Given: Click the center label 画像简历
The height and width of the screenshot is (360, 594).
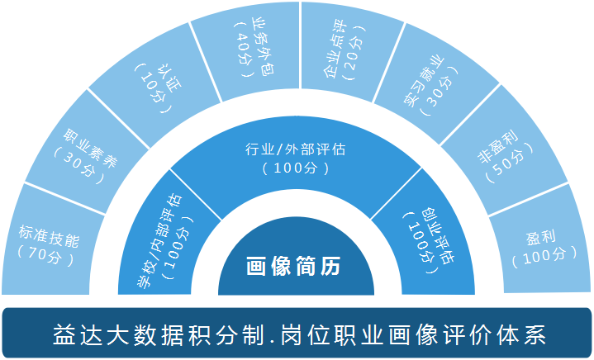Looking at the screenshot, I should pos(296,267).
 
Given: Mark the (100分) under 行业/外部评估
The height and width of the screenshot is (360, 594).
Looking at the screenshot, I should pos(296,168).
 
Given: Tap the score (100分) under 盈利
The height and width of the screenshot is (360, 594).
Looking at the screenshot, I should pos(541,257).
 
